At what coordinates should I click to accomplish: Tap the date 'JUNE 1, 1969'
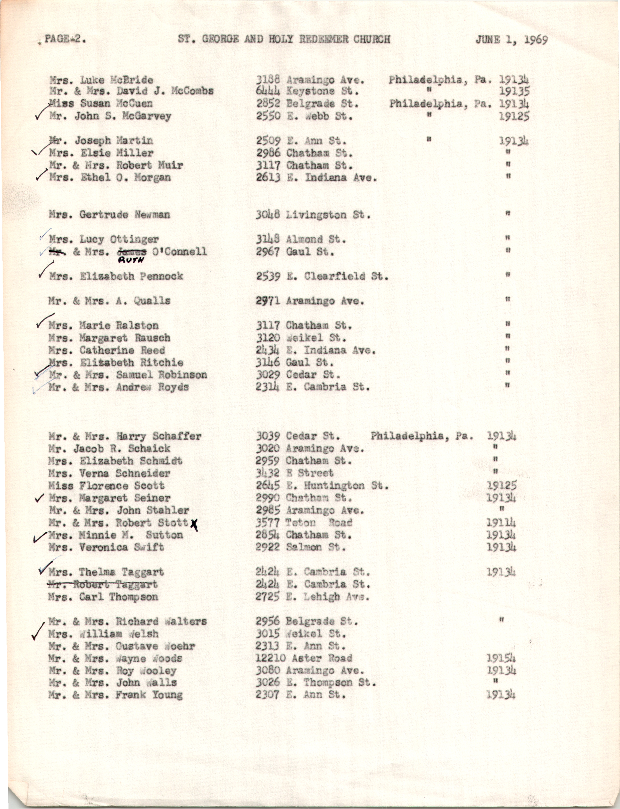click(x=511, y=40)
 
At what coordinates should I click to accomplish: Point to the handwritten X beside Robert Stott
click(x=194, y=524)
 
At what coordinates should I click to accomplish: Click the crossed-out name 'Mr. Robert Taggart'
click(x=103, y=584)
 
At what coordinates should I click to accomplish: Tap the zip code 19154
click(x=501, y=658)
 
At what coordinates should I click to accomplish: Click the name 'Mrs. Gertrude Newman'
click(x=109, y=215)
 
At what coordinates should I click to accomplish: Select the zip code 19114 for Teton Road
click(x=501, y=523)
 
